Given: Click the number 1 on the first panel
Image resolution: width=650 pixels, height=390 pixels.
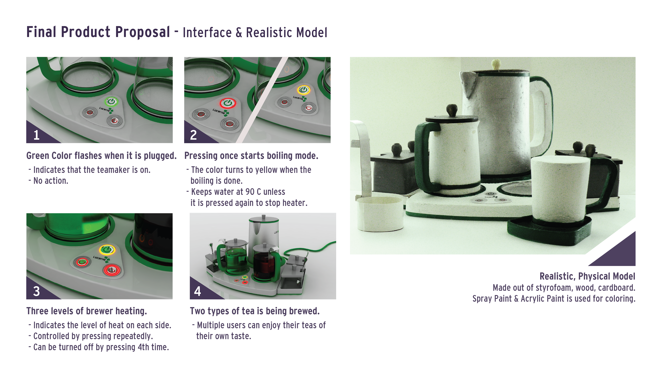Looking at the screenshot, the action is (x=37, y=135).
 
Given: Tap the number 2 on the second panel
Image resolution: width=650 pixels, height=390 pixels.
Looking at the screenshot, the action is (x=193, y=135).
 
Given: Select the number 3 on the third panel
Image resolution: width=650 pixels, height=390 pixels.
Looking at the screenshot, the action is (x=37, y=291).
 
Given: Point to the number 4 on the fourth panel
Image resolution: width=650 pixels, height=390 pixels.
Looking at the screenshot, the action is (x=197, y=291).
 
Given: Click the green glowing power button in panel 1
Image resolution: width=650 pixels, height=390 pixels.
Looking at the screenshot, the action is (x=111, y=101).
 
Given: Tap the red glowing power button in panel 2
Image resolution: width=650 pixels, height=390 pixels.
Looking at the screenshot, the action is (x=228, y=103).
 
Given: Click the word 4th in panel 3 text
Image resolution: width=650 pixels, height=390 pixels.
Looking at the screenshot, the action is (x=144, y=347).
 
